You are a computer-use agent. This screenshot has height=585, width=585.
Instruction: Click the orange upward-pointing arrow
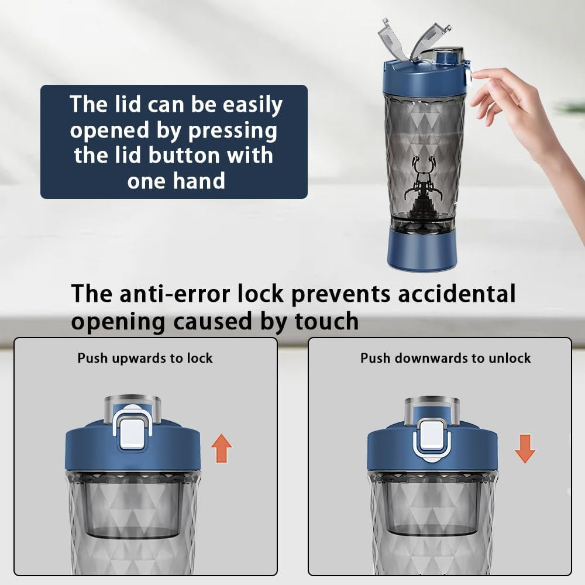pyautogui.click(x=222, y=448)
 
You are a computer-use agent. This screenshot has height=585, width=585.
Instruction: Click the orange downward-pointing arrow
pyautogui.click(x=525, y=449)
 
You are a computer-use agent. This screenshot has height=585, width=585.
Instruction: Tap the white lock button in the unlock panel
pyautogui.click(x=432, y=436)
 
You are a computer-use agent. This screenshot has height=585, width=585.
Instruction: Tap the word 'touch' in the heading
pyautogui.click(x=326, y=321)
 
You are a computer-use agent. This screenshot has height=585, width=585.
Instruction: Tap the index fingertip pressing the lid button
pyautogui.click(x=474, y=75)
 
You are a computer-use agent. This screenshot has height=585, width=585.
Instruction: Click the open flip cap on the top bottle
pyautogui.click(x=414, y=39)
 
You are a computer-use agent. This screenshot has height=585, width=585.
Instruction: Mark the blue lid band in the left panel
pyautogui.click(x=133, y=448)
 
